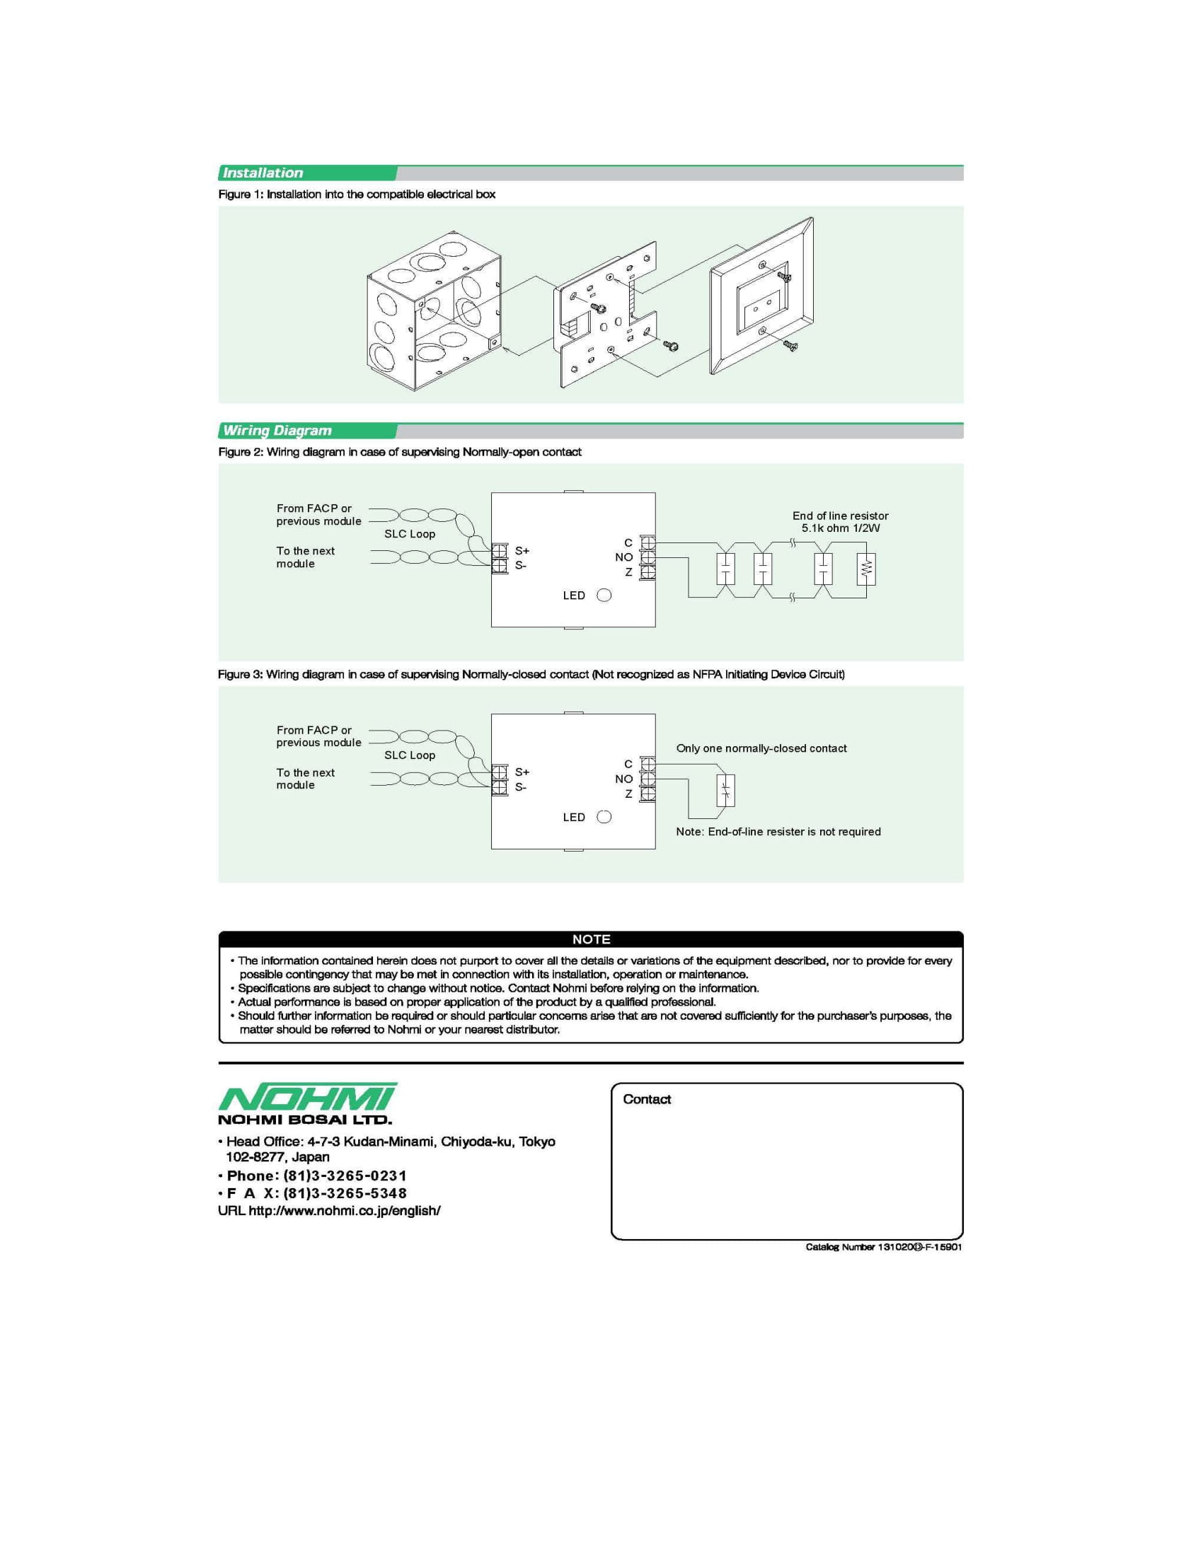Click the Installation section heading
tap(263, 173)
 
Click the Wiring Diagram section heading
tap(277, 430)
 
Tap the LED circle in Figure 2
tap(604, 596)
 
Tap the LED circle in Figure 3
tap(604, 817)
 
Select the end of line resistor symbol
tap(866, 569)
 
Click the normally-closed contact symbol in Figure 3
tap(725, 790)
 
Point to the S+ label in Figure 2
tap(522, 551)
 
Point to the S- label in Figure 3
tap(521, 787)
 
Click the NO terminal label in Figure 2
tap(623, 557)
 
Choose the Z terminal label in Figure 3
tap(628, 794)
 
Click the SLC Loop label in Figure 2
tap(410, 533)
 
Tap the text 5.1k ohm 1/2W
tap(840, 528)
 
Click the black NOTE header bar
tap(591, 939)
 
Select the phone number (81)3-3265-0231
tap(345, 1175)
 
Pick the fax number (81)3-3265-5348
tap(345, 1193)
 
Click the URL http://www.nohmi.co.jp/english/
tap(344, 1210)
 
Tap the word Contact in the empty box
tap(646, 1099)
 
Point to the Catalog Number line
tap(883, 1247)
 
